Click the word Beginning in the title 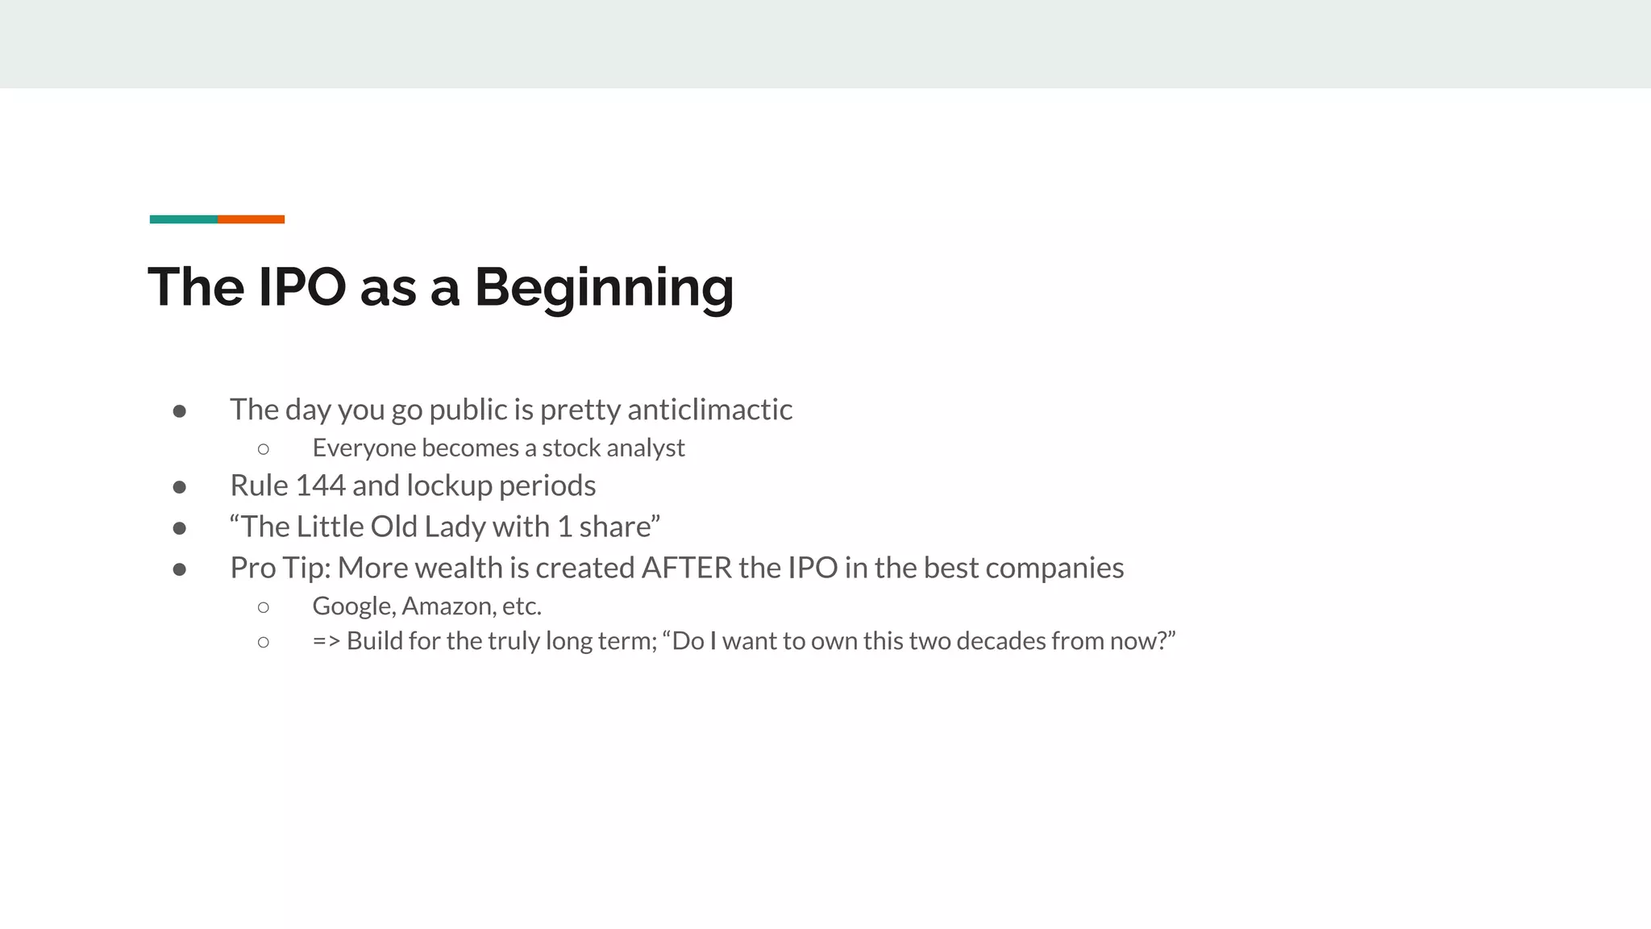[604, 288]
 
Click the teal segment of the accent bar [183, 219]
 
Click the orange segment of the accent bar [251, 219]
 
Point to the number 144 [320, 485]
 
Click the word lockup [449, 485]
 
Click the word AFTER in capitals [686, 568]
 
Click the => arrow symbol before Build [326, 641]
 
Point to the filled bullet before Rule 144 [180, 487]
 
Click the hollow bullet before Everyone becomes [263, 449]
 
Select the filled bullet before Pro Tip [180, 569]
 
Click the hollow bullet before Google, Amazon [263, 607]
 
